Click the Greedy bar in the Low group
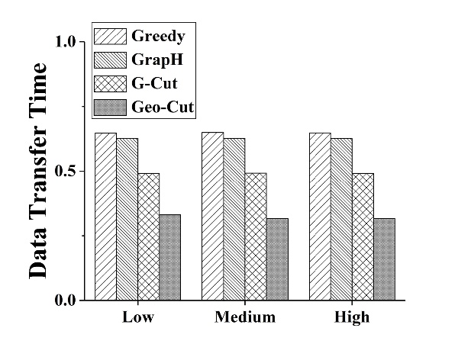pos(105,217)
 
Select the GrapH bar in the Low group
pos(127,219)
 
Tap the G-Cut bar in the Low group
pos(148,236)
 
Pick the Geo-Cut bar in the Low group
pos(169,257)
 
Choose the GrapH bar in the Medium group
pos(234,219)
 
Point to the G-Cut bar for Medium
pos(255,236)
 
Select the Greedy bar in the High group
pos(319,217)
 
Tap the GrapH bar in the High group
pos(340,219)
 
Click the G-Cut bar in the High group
pos(362,236)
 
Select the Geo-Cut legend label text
pos(163,108)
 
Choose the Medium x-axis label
pos(244,317)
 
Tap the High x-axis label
pos(351,317)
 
